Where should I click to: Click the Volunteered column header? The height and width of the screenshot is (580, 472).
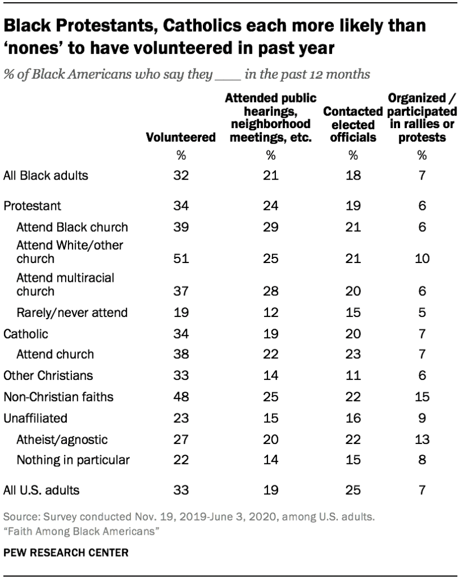[181, 137]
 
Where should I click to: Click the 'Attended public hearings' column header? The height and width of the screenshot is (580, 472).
[270, 118]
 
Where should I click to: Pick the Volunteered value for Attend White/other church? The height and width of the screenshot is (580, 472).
[181, 259]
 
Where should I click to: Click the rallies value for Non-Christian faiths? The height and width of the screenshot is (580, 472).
[420, 396]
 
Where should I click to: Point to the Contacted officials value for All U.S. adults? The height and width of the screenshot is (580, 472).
[353, 488]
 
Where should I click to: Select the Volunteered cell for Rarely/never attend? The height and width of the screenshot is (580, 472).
[181, 312]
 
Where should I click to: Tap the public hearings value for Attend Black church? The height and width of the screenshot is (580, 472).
[270, 227]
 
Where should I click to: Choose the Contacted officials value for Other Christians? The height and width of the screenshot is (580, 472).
[353, 375]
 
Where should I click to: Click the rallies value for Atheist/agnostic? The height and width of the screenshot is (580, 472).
[420, 439]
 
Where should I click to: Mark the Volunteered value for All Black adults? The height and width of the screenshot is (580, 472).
[181, 175]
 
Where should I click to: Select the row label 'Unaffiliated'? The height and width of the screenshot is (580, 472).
[35, 418]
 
